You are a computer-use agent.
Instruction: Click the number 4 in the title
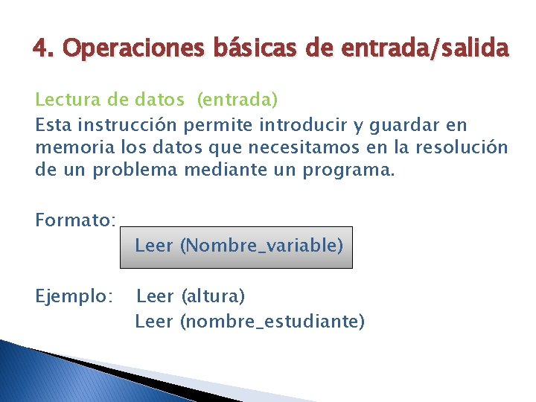(39, 49)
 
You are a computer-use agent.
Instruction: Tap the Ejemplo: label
(74, 296)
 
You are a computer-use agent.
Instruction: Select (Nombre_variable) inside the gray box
(261, 246)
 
